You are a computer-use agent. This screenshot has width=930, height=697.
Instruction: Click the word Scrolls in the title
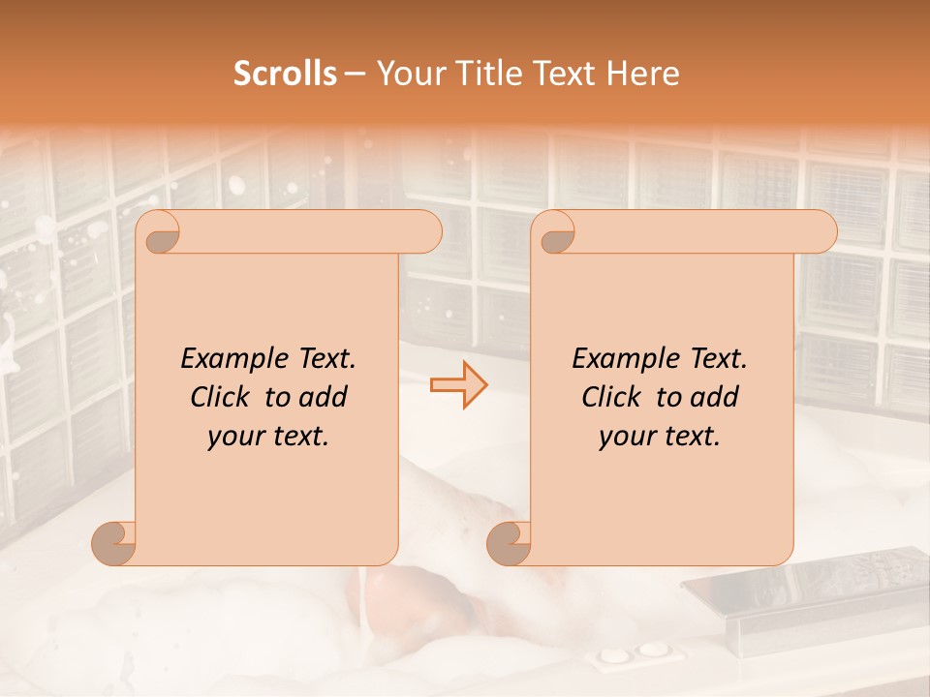coord(285,74)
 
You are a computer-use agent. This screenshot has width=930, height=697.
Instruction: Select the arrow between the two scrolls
coord(459,384)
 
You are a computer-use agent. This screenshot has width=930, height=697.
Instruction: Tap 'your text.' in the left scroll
coord(268,437)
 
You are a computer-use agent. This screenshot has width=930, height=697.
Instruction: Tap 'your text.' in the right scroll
coord(660,437)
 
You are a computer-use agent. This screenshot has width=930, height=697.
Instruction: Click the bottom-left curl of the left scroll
coord(115,543)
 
